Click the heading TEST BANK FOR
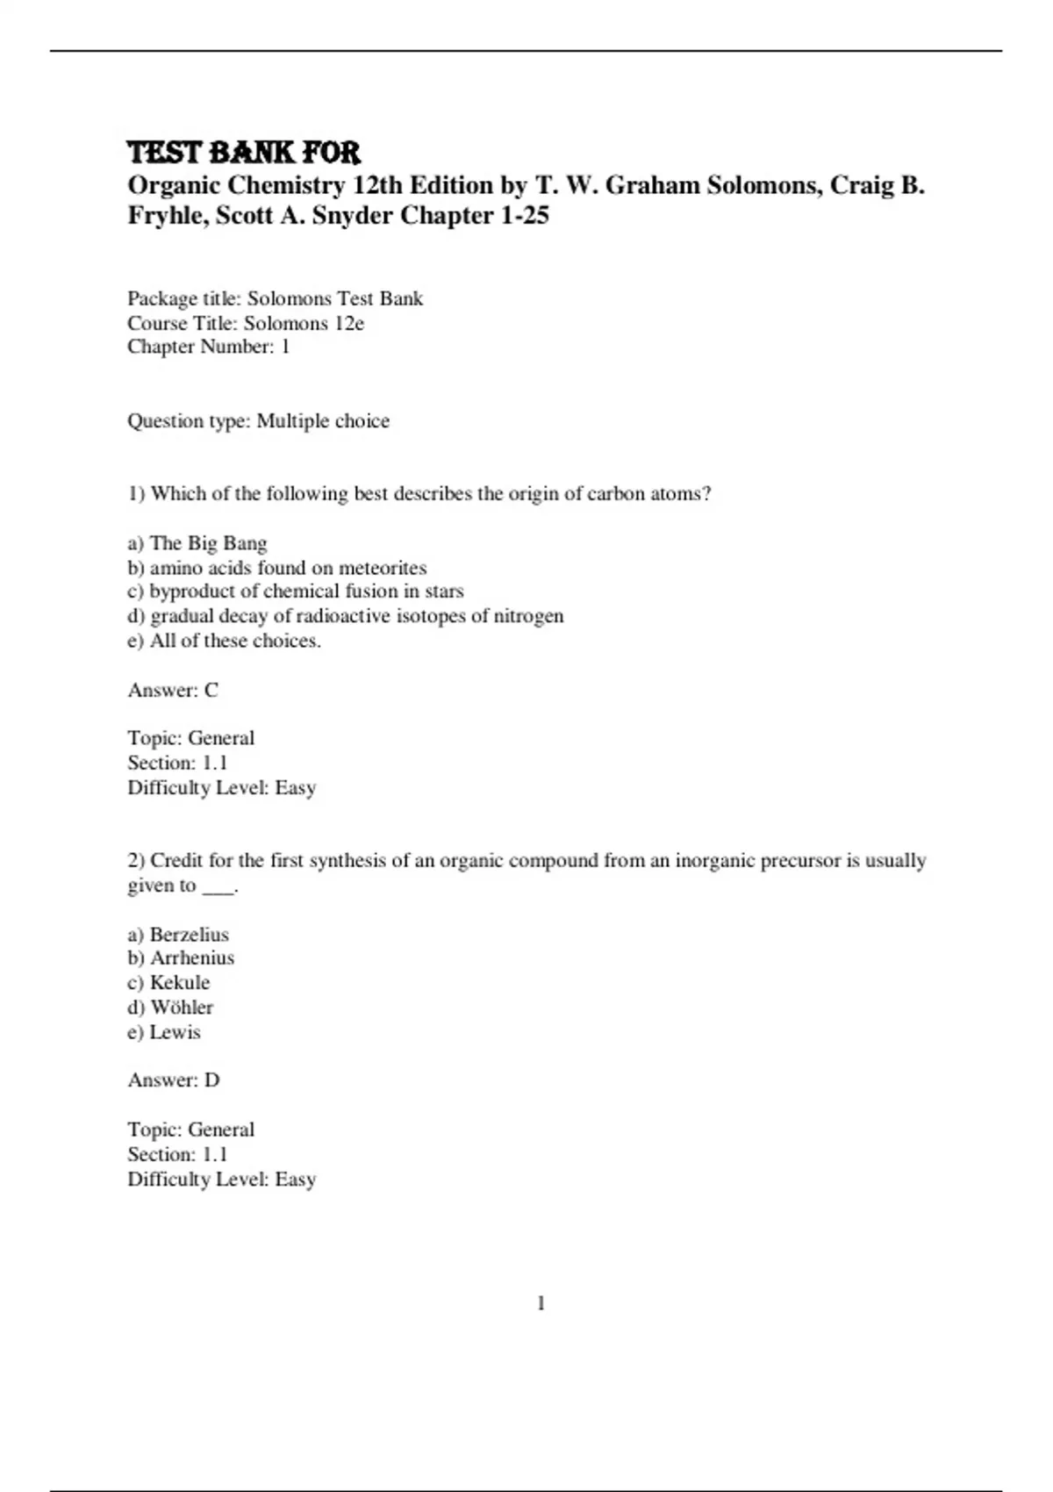(244, 153)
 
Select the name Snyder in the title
(352, 216)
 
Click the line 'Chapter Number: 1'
(209, 347)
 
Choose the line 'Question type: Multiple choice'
(258, 421)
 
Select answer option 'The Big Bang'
(208, 543)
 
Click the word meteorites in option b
(383, 568)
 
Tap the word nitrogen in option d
(529, 616)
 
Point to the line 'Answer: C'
(173, 690)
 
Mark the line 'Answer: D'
(174, 1080)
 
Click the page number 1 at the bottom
(541, 1304)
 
